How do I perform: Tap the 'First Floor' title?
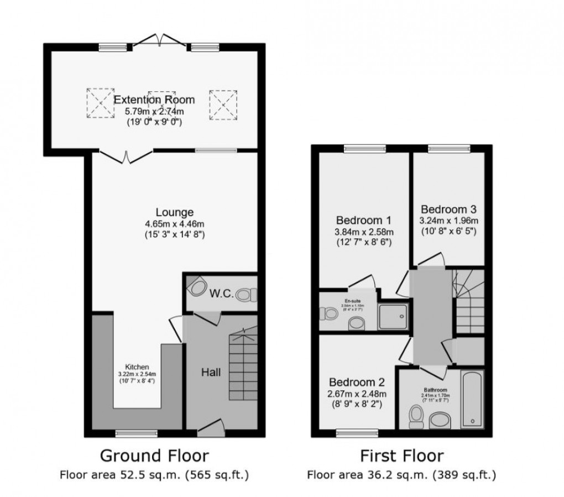tap(401, 456)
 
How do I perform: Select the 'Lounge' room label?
tap(174, 212)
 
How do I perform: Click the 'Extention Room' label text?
tap(154, 100)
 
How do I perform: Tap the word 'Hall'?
tap(210, 373)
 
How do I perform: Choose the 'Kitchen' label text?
tap(137, 367)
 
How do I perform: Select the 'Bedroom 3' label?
tap(448, 210)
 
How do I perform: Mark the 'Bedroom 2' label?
tap(357, 382)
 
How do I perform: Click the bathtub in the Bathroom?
tap(472, 399)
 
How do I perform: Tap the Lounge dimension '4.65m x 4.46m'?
tap(174, 224)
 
